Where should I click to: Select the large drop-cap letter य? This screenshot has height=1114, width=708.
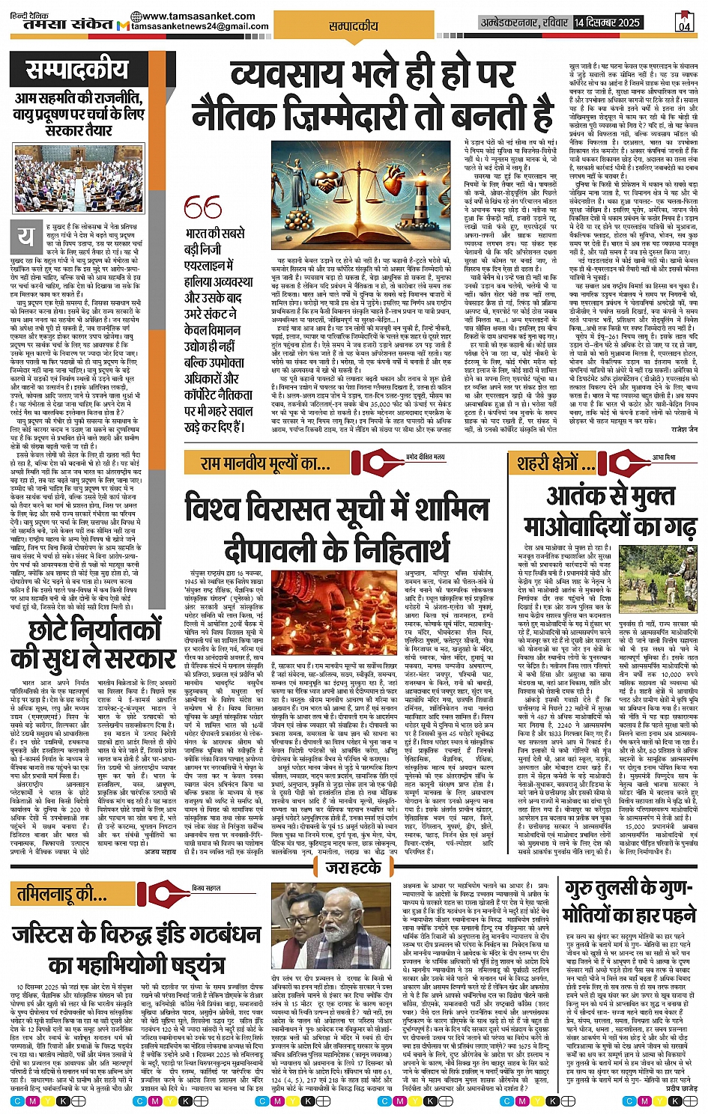(x=25, y=237)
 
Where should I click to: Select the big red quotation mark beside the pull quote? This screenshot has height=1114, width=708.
(x=202, y=207)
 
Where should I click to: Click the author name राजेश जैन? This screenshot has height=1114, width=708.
(x=683, y=430)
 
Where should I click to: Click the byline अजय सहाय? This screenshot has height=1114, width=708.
(x=160, y=851)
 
